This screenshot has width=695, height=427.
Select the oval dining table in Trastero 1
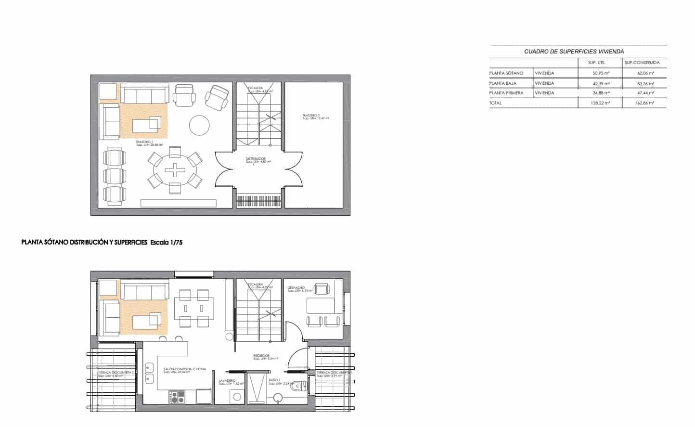[175, 169]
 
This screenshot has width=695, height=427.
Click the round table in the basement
[199, 125]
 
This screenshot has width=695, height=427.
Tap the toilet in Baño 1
[300, 386]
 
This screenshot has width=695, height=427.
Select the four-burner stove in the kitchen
[176, 397]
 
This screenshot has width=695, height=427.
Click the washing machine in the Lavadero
[237, 396]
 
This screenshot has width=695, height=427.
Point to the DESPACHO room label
[296, 288]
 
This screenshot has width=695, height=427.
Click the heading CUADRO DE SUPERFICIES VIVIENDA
[574, 52]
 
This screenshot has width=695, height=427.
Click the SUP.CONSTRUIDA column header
[642, 63]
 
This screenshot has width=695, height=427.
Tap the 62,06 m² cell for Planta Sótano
[644, 73]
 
